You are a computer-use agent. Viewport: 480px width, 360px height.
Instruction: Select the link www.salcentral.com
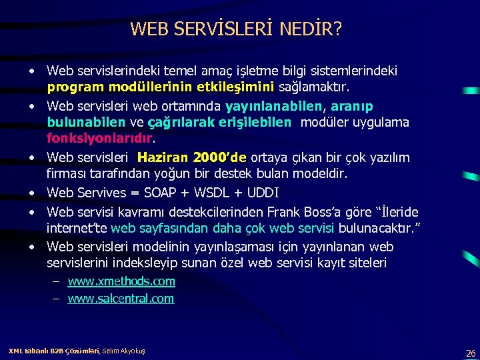pos(121,299)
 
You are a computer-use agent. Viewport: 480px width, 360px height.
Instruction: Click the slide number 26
pos(471,353)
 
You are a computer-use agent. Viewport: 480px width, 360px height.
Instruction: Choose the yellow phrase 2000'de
pos(219,158)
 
